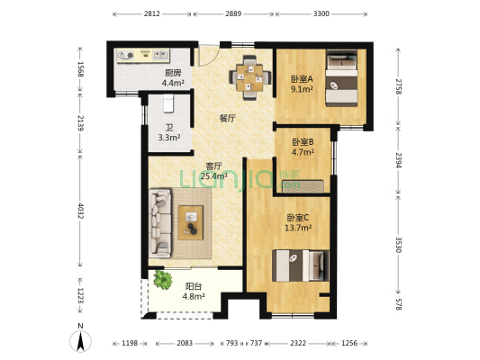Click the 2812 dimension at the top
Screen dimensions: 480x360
[152, 13]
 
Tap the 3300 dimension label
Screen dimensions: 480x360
[322, 13]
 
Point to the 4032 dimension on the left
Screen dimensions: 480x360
[80, 211]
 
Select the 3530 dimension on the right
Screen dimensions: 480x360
[398, 245]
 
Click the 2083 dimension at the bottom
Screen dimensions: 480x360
[185, 343]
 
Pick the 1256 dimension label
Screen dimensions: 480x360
[349, 343]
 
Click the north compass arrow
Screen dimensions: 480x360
[80, 341]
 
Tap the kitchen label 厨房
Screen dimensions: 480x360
[173, 73]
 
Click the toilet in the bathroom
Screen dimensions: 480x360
[168, 103]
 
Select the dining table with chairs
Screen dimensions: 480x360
[250, 77]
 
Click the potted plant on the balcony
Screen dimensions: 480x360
[163, 279]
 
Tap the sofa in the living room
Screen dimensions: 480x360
[159, 223]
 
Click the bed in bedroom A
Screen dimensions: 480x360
[341, 78]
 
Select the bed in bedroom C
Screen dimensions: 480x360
[301, 265]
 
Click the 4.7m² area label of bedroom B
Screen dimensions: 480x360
[303, 152]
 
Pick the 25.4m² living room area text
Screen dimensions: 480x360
[213, 175]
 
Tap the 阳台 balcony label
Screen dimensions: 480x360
[194, 286]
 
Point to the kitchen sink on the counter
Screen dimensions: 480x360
[161, 55]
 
